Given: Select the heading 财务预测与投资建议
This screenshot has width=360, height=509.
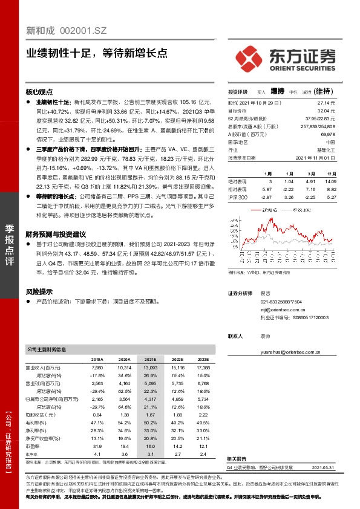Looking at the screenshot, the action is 56,233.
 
